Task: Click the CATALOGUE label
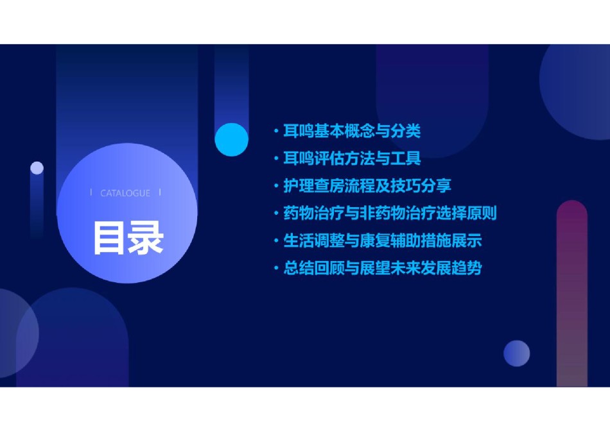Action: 125,193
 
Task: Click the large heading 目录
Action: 128,238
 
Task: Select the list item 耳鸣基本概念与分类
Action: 352,131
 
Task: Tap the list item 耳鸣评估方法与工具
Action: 352,158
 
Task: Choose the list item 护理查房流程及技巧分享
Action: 367,185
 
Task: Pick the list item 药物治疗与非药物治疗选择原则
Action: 390,213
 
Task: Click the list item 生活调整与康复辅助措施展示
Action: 383,241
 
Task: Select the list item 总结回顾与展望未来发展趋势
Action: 383,268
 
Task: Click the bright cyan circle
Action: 231,140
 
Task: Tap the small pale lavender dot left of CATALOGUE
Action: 37,168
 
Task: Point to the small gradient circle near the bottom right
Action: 517,353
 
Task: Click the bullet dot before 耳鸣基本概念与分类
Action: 276,131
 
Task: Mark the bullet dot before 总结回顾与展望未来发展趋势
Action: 276,268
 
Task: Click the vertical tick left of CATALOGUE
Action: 91,192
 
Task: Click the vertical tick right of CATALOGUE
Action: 160,192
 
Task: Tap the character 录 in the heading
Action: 146,238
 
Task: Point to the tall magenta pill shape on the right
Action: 572,293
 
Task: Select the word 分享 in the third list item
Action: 436,185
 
